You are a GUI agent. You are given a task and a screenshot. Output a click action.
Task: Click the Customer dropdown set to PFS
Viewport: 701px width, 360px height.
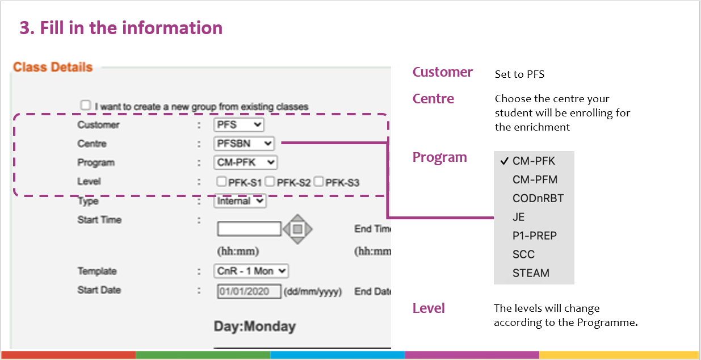pos(239,124)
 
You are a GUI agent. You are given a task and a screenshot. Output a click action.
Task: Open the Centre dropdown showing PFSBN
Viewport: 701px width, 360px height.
pos(244,144)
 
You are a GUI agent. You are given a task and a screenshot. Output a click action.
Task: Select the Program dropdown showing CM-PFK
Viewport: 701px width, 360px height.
pos(246,162)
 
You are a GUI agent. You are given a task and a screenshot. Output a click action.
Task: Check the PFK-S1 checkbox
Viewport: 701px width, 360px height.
pos(221,182)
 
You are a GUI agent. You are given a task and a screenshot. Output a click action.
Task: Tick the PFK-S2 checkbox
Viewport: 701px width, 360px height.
pos(270,182)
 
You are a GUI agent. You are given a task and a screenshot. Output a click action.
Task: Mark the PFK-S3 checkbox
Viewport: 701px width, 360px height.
pos(319,182)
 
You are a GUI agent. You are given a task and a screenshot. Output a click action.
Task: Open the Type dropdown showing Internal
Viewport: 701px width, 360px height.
pos(240,200)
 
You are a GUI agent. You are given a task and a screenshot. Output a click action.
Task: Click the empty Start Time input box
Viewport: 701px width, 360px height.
pos(249,229)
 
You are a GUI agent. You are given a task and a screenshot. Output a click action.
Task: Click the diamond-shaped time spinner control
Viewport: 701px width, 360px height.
pos(298,229)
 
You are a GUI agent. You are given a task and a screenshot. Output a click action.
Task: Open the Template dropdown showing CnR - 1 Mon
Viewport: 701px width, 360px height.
pos(251,271)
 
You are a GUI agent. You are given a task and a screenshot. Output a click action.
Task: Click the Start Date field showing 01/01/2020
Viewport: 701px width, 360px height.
pos(249,291)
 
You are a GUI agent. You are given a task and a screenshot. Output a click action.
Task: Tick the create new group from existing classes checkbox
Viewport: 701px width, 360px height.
pos(86,105)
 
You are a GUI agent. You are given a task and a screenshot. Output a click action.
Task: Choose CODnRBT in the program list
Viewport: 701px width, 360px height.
pos(538,198)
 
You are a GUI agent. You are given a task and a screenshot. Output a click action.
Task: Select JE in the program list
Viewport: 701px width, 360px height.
pos(518,217)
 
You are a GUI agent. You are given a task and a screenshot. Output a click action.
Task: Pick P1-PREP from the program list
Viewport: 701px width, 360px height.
pos(534,236)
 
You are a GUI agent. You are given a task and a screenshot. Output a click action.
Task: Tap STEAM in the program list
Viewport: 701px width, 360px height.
pos(531,273)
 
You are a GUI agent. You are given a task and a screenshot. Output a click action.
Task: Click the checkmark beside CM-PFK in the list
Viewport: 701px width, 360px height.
pos(503,161)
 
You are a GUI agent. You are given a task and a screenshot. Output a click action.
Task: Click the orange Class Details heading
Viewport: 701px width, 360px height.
pos(53,67)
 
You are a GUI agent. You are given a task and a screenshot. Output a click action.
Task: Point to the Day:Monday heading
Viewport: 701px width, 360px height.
pos(254,326)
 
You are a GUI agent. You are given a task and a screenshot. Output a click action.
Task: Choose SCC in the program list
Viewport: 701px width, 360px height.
pos(523,254)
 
